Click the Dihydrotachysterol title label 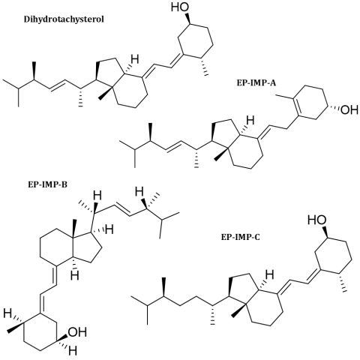click(x=64, y=19)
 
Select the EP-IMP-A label click(x=256, y=83)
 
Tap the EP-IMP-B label click(x=47, y=185)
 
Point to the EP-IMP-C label click(x=241, y=237)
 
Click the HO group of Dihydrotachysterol click(x=180, y=7)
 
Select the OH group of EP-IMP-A click(x=349, y=109)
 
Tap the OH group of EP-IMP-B click(x=78, y=332)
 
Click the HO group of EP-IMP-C click(x=316, y=220)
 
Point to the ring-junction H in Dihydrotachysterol click(x=134, y=59)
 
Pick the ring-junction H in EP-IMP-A click(x=250, y=121)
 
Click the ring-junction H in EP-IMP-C click(x=269, y=274)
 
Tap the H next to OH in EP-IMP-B click(x=73, y=350)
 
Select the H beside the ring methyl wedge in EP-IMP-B click(x=7, y=313)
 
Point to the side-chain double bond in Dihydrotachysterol click(x=57, y=85)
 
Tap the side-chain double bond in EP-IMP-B click(x=122, y=210)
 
